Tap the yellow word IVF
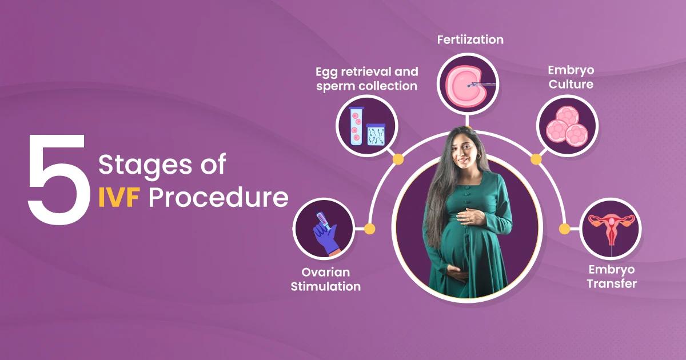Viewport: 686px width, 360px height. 119,198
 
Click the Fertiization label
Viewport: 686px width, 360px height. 470,40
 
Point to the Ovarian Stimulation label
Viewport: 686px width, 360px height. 325,279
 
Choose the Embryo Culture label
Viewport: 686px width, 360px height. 571,77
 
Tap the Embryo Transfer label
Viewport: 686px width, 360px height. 612,277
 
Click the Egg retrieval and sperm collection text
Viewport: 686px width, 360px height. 367,79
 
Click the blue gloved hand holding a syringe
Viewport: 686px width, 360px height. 326,233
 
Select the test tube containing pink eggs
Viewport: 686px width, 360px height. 356,126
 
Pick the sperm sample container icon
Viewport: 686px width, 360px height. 376,134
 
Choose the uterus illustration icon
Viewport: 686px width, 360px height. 611,229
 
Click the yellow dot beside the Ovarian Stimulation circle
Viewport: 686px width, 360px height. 370,229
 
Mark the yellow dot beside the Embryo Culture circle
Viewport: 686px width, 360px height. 536,159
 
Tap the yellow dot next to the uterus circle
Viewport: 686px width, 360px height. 564,229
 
